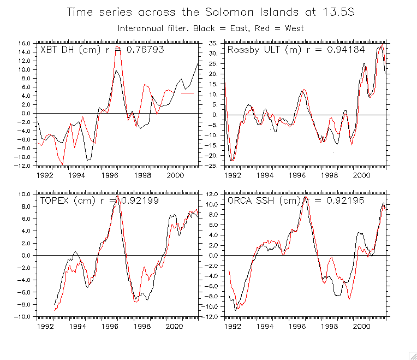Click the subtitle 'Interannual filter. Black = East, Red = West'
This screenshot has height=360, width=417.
pyautogui.click(x=210, y=28)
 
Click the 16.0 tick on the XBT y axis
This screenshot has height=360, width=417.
pyautogui.click(x=23, y=43)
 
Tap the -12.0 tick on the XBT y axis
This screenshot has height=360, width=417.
pyautogui.click(x=22, y=166)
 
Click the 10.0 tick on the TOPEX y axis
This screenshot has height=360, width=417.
pyautogui.click(x=23, y=194)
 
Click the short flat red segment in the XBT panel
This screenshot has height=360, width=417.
pyautogui.click(x=187, y=93)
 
